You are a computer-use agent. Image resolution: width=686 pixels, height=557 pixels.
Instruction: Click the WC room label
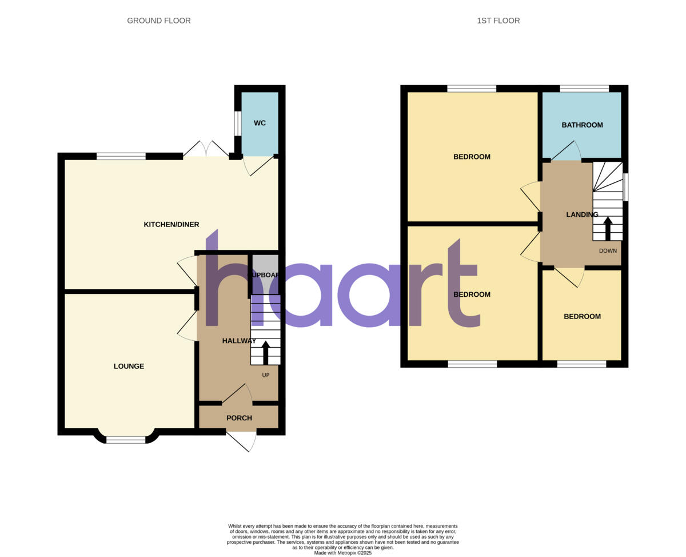pos(260,124)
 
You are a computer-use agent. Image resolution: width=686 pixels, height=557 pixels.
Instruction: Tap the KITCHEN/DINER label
pos(171,225)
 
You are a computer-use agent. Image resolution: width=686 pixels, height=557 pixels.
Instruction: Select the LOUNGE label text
pos(129,367)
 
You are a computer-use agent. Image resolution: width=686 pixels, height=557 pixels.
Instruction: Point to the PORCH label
pos(239,418)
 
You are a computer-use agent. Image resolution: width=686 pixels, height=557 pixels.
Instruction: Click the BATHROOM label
pos(582,125)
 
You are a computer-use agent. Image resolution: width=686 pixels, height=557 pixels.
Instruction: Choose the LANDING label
pos(582,215)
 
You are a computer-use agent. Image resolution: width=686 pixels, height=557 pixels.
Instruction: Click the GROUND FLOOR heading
pos(158,21)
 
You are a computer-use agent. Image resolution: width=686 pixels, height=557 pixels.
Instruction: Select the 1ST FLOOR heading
pos(498,21)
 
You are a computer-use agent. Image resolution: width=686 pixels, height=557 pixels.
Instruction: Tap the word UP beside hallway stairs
pos(266,375)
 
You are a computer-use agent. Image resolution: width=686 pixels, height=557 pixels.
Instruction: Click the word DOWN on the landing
pos(608,251)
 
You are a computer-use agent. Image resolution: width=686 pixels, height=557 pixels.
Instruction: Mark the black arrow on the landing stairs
pos(608,228)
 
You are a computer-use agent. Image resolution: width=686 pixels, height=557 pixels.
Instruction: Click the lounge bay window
pos(126,439)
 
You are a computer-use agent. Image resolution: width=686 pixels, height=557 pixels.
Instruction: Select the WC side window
pos(237,123)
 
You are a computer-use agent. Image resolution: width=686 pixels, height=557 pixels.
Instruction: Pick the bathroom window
pos(584,89)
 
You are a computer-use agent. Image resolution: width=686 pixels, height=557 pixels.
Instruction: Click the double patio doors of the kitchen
pos(206,150)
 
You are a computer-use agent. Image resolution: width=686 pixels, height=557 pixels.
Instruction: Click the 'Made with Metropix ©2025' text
pos(343,553)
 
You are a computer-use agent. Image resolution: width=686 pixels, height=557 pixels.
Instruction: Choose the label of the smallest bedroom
pos(582,317)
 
